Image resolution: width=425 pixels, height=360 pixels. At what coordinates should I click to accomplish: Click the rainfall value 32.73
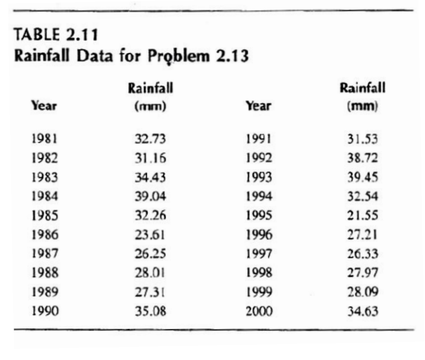pos(150,139)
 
